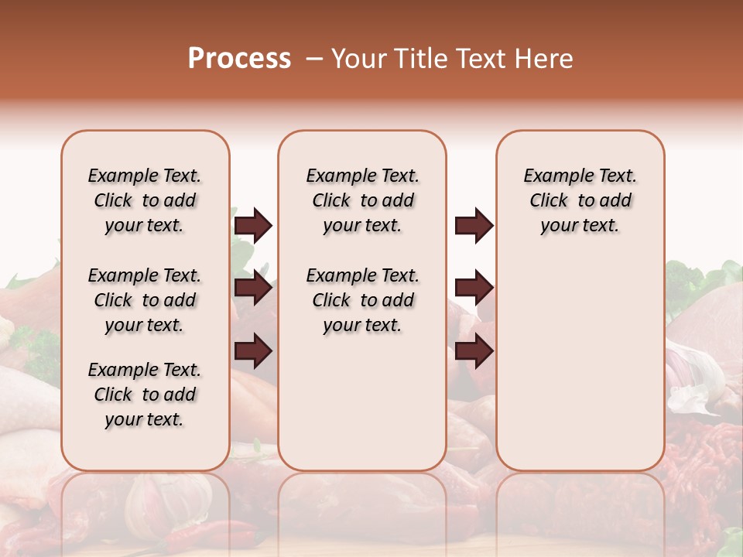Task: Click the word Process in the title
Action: (x=239, y=58)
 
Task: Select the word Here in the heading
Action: (x=546, y=59)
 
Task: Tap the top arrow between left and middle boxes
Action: (x=253, y=225)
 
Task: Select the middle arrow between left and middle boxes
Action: (x=253, y=288)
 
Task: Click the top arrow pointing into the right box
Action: (x=474, y=225)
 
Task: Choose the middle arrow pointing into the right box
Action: (x=474, y=288)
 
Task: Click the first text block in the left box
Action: (x=145, y=200)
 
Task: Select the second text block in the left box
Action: (x=145, y=300)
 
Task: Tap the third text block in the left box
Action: (x=145, y=395)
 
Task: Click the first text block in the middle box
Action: (x=362, y=200)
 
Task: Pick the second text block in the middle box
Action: (x=362, y=300)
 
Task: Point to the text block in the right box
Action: (x=580, y=200)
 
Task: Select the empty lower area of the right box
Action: (x=580, y=364)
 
